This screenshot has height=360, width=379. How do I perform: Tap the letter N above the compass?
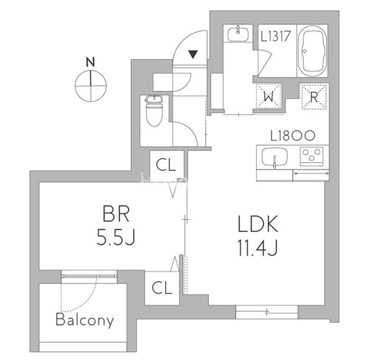point(91,61)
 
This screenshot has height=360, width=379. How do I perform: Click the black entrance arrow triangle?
point(193,55)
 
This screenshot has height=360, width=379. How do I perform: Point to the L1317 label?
point(275,36)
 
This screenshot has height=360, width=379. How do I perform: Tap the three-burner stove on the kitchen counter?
point(310,157)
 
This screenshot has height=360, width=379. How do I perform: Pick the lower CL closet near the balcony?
point(161,288)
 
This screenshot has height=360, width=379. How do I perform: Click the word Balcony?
point(85,321)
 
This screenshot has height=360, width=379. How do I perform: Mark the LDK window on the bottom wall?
point(266,311)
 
